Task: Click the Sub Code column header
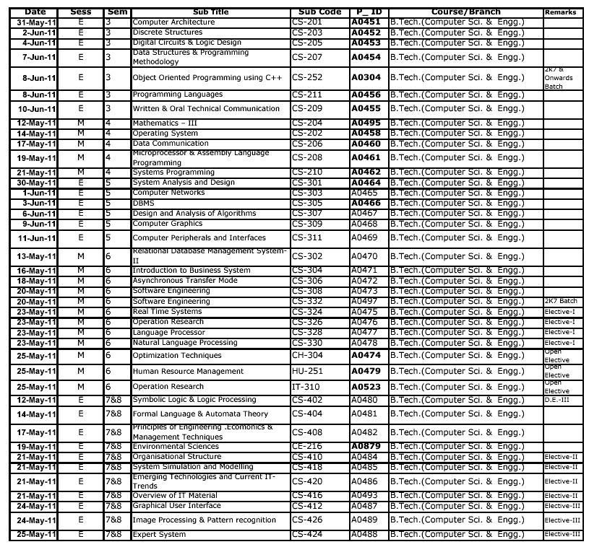pyautogui.click(x=319, y=12)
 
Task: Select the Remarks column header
pyautogui.click(x=560, y=12)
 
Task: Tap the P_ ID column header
pyautogui.click(x=367, y=12)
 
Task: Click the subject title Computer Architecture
pyautogui.click(x=173, y=22)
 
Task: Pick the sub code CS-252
pyautogui.click(x=307, y=77)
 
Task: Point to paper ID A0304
pyautogui.click(x=366, y=77)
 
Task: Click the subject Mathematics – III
pyautogui.click(x=165, y=123)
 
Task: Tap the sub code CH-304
pyautogui.click(x=307, y=356)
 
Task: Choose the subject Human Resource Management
pyautogui.click(x=188, y=372)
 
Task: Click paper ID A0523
pyautogui.click(x=366, y=387)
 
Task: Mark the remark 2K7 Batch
pyautogui.click(x=560, y=301)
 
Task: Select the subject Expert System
pyautogui.click(x=159, y=535)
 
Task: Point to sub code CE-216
pyautogui.click(x=307, y=447)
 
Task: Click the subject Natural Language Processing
pyautogui.click(x=184, y=343)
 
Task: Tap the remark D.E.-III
pyautogui.click(x=556, y=400)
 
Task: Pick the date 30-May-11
pyautogui.click(x=36, y=183)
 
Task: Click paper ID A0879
pyautogui.click(x=366, y=447)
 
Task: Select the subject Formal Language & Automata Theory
pyautogui.click(x=200, y=414)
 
